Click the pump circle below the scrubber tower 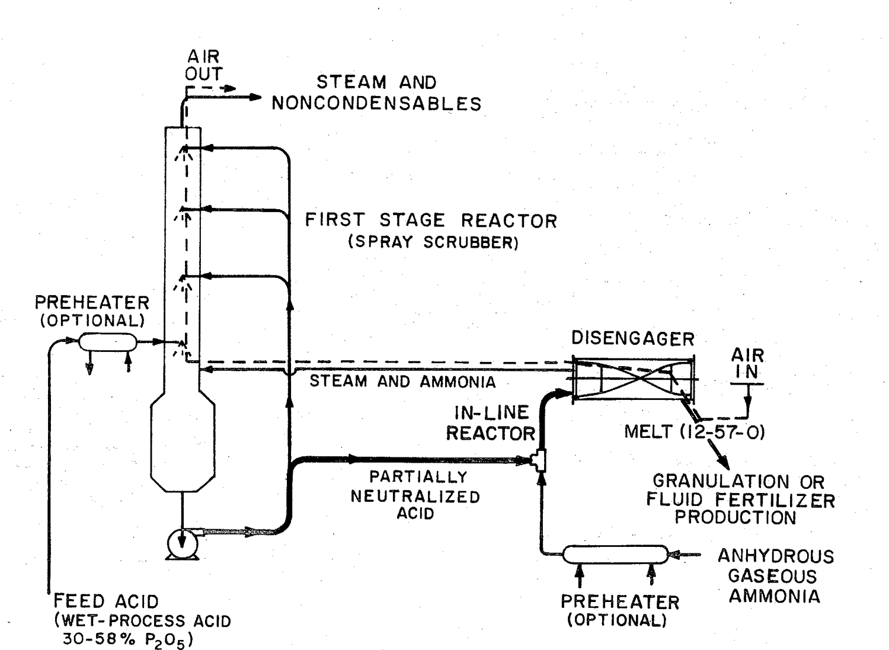(182, 543)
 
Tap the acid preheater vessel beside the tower (107, 342)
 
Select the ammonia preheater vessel (616, 555)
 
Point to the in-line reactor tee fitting (540, 460)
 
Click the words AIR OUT (204, 65)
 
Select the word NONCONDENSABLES (376, 104)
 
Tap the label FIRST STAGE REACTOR (431, 220)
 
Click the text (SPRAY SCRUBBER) (433, 242)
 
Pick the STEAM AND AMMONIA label (402, 382)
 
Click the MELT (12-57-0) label (695, 431)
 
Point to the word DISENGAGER (633, 338)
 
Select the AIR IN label (747, 363)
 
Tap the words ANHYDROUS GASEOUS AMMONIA (775, 576)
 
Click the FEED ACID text (106, 601)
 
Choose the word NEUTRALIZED (415, 497)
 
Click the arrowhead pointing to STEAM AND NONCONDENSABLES (255, 97)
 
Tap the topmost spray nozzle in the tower (184, 152)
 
